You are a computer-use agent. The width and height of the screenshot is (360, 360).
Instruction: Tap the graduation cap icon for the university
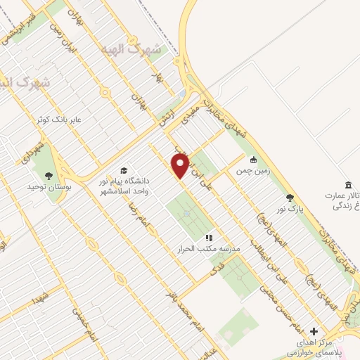pos(124,171)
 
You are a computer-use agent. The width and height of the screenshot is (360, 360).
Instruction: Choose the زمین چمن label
pos(252,170)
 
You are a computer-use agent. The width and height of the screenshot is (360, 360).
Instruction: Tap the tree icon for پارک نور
pos(291,198)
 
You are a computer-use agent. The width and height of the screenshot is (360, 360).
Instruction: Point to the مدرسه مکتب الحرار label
pos(209,249)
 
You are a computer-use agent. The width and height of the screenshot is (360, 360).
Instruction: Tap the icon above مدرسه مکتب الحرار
pos(209,237)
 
